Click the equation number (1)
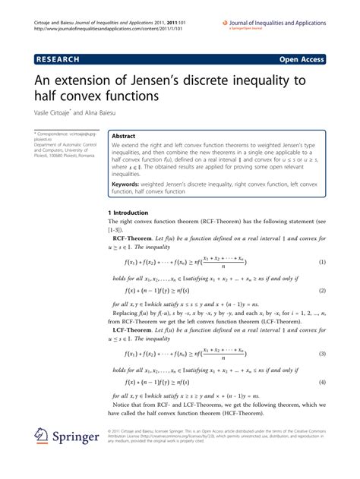pyautogui.click(x=321, y=263)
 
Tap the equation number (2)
pyautogui.click(x=321, y=291)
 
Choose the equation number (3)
pyautogui.click(x=321, y=354)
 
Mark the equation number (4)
pyautogui.click(x=321, y=382)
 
